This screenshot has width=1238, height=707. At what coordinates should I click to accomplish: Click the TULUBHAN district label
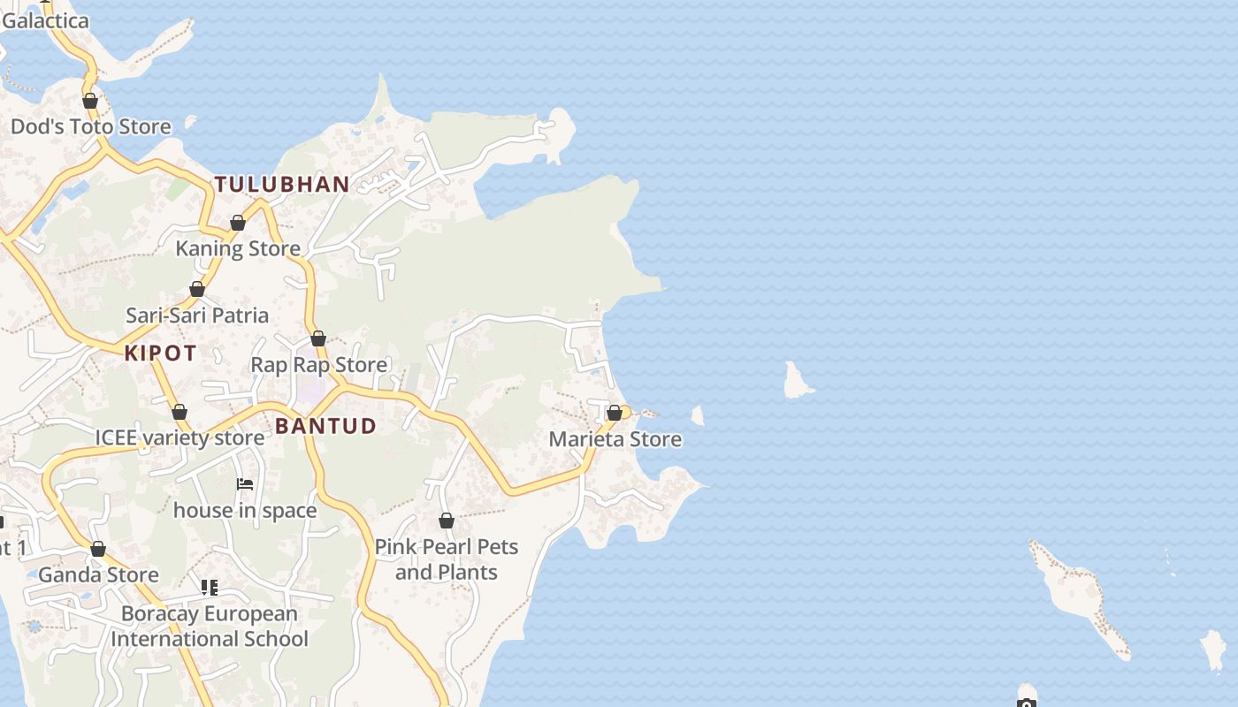click(282, 185)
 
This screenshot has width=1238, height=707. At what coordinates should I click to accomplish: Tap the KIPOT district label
click(160, 353)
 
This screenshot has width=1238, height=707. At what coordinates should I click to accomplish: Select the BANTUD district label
click(325, 426)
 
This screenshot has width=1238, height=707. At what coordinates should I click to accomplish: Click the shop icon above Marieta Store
click(615, 414)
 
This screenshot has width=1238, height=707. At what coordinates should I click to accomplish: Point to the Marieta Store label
click(615, 439)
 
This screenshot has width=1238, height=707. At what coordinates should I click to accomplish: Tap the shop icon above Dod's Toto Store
click(90, 101)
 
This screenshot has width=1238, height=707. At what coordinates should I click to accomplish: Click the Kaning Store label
click(238, 248)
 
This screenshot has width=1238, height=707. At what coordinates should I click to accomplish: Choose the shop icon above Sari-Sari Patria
click(197, 289)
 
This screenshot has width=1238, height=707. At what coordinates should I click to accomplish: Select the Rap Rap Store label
click(318, 365)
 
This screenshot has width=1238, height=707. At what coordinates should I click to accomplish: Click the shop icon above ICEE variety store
click(180, 412)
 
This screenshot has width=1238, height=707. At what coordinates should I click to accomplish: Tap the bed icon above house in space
click(245, 484)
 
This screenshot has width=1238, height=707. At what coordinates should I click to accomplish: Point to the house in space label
click(245, 510)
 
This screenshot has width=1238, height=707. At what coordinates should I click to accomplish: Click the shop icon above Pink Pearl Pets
click(447, 521)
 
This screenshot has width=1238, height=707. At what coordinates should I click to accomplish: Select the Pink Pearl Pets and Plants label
click(447, 559)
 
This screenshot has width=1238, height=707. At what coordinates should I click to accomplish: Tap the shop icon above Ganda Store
click(98, 549)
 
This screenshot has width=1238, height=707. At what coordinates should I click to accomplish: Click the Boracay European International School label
click(210, 627)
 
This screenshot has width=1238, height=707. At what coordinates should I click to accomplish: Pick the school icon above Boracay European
click(210, 588)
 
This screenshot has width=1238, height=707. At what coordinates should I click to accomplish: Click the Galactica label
click(44, 20)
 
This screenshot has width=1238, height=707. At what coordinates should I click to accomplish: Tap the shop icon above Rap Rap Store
click(318, 338)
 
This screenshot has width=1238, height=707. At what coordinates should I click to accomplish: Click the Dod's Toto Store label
click(90, 126)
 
